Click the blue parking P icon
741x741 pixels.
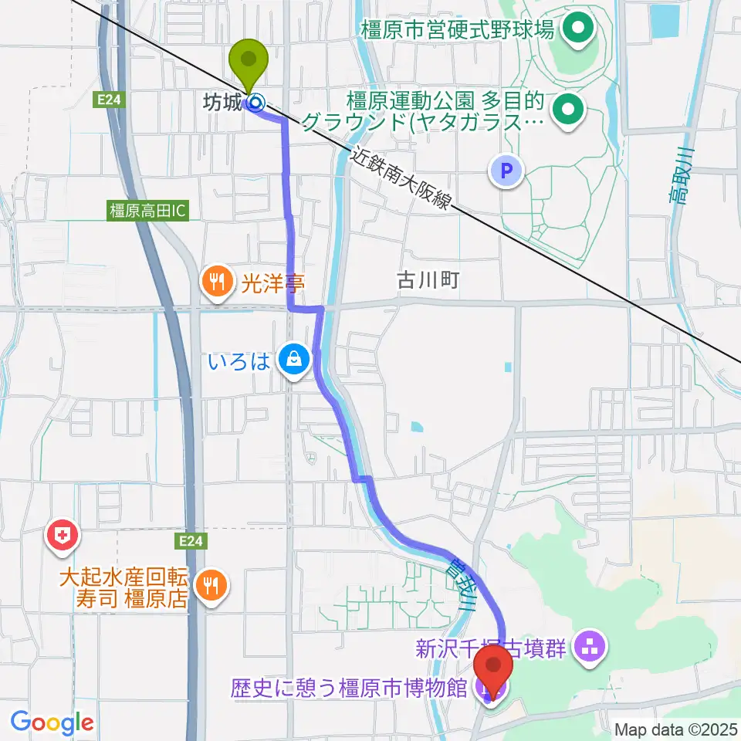point(507,171)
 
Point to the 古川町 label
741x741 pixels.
point(428,280)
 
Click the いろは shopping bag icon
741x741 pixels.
point(293,359)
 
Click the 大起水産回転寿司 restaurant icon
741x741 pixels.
point(210,587)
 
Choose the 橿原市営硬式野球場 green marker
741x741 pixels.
point(577,31)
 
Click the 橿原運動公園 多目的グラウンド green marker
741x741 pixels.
point(568,110)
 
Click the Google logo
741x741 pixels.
point(52,723)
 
